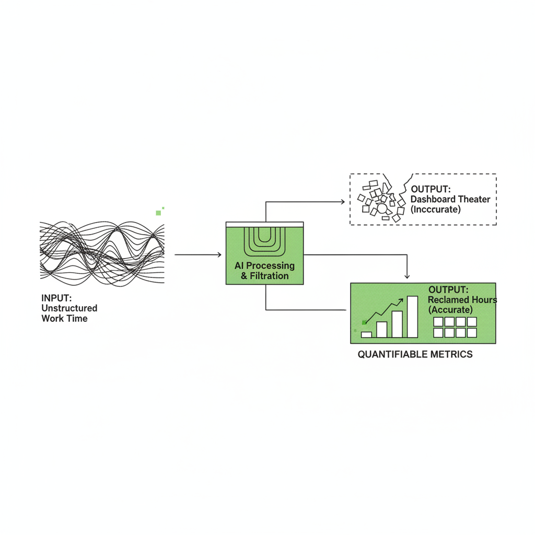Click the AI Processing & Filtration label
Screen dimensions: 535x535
point(264,271)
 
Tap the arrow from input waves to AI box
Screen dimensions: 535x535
point(198,254)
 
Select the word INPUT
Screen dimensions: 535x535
point(56,298)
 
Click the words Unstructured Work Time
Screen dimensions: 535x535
point(69,313)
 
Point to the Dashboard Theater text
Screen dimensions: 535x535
point(450,199)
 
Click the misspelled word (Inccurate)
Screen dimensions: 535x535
point(436,209)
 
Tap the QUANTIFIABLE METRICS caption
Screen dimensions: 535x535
point(415,354)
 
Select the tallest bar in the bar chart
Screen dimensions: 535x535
point(413,317)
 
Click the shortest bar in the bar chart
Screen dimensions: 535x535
point(366,335)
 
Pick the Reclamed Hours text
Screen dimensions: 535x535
point(462,299)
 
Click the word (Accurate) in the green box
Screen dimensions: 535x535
point(450,310)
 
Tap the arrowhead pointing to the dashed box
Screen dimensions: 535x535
point(343,202)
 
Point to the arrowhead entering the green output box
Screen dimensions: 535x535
point(406,276)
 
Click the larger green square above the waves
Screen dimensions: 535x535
point(158,213)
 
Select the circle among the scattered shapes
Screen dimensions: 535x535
point(382,208)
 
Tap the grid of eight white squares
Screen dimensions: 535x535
point(455,327)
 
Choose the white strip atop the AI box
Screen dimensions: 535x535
point(264,225)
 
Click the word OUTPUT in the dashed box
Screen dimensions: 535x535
point(431,189)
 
